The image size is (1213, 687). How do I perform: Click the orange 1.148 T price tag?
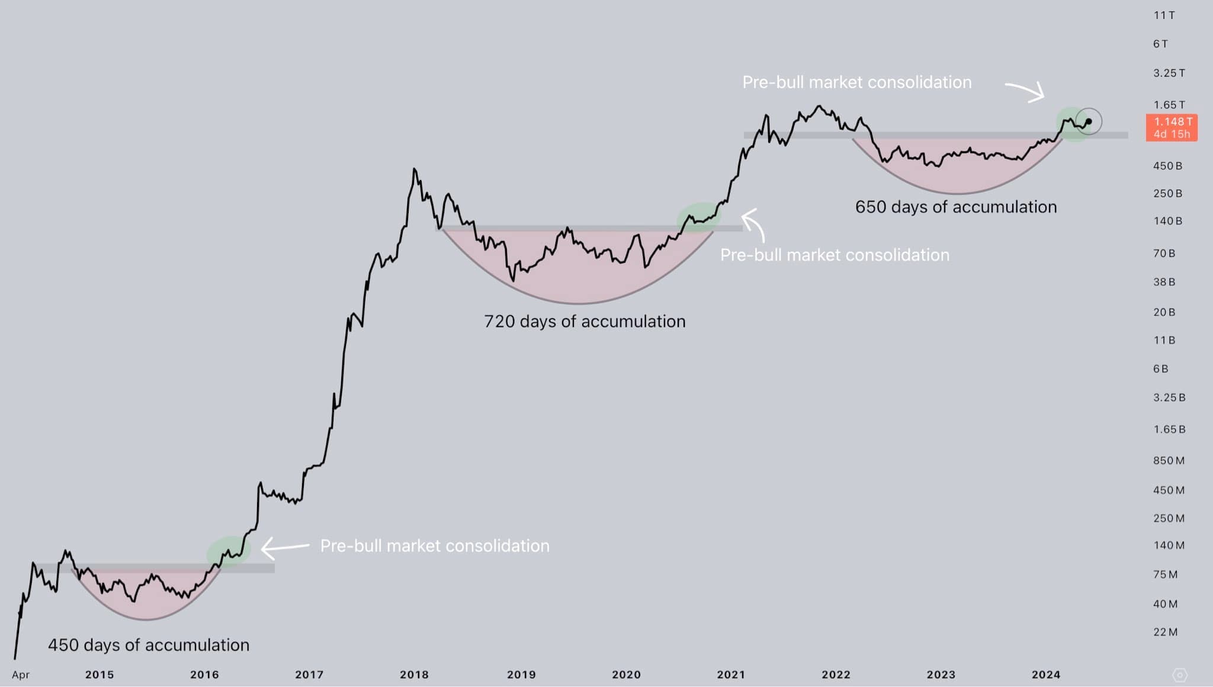pos(1172,127)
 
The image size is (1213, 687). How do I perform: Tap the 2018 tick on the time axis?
pos(414,675)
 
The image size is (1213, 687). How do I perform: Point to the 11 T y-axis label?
pos(1164,15)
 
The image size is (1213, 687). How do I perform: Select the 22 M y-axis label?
pos(1165,632)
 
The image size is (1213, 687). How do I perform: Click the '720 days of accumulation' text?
pos(585,322)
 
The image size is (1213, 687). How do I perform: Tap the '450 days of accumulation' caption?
pos(148,645)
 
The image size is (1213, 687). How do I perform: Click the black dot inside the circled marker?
pos(1089,122)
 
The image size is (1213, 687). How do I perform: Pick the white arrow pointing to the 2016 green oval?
pos(284,547)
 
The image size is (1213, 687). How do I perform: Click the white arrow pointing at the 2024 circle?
pos(1025,91)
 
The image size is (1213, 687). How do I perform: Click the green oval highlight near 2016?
pos(229,551)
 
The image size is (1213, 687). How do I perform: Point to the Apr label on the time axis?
pos(21,675)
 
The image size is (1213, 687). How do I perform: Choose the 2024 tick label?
pos(1045,675)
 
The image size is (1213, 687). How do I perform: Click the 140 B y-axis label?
pos(1167,221)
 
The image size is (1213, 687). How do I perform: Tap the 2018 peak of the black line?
pos(414,169)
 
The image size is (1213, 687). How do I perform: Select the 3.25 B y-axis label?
pos(1169,397)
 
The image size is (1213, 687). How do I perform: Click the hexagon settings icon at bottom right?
pos(1179,675)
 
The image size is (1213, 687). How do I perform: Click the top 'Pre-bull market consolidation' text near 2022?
pos(856,82)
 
